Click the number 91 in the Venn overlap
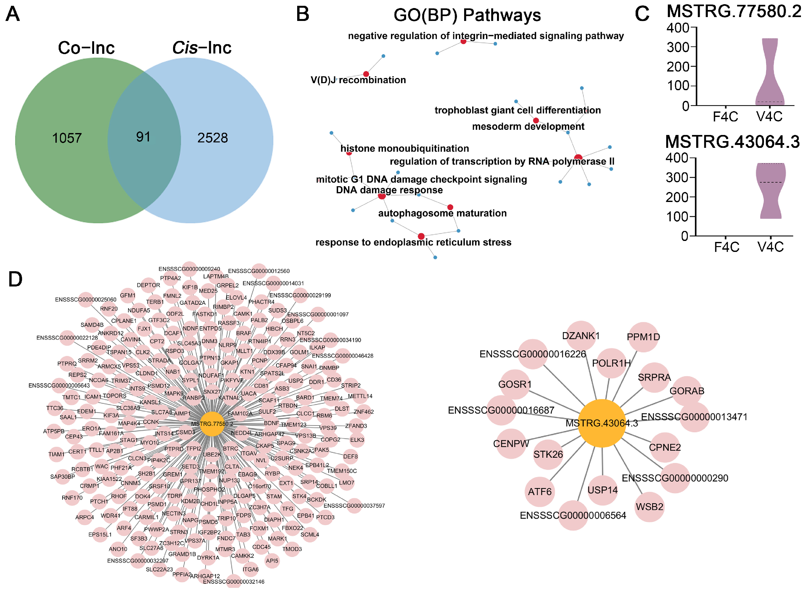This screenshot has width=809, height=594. point(143,137)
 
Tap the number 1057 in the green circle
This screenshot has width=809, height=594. point(67,138)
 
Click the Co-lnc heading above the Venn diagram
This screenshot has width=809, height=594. point(86,48)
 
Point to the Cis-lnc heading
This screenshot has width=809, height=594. point(201,48)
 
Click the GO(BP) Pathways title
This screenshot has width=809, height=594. point(467,15)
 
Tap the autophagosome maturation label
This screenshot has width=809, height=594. point(442,213)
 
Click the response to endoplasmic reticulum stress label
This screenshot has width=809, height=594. point(413,242)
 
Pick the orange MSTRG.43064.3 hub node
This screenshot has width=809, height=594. point(601,423)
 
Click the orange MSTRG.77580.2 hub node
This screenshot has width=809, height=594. point(212,424)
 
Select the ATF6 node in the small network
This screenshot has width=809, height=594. point(540,492)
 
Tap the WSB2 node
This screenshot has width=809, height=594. point(649,507)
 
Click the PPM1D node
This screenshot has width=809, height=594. point(643,337)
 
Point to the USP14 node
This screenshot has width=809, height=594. point(602,490)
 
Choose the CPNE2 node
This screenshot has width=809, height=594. point(665,447)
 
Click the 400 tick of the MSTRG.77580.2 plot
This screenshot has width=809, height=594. point(677,28)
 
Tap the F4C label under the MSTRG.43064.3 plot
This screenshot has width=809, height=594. point(726,247)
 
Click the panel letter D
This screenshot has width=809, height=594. point(15,279)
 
